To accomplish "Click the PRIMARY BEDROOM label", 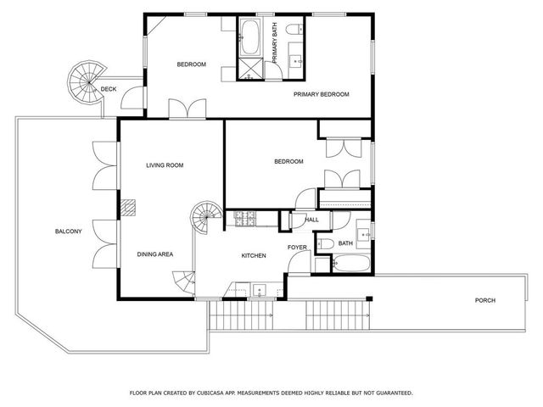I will click(x=322, y=94).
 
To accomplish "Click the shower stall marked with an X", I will click(x=249, y=69).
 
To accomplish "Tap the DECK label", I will click(x=109, y=89).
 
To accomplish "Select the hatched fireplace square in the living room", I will click(x=127, y=208).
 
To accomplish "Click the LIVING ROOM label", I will click(x=165, y=165).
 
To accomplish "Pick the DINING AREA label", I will click(x=155, y=254).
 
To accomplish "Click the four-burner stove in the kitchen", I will click(x=245, y=219).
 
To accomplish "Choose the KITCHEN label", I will click(x=254, y=255).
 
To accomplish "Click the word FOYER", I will click(x=297, y=248).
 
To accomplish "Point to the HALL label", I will click(x=311, y=220).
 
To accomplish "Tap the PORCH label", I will click(x=485, y=300).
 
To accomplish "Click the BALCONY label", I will click(x=68, y=231).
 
